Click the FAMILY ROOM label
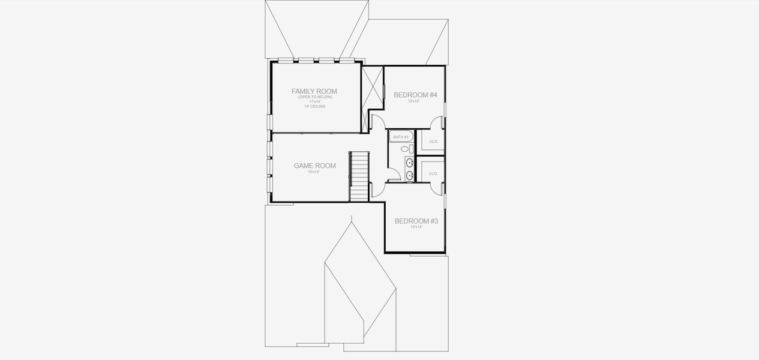click(x=314, y=91)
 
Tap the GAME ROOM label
click(x=314, y=166)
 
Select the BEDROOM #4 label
click(x=415, y=95)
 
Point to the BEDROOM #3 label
click(x=416, y=221)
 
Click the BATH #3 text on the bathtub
click(x=400, y=137)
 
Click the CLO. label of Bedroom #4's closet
click(x=434, y=142)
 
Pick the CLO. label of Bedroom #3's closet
click(x=434, y=173)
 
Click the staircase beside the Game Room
click(x=359, y=176)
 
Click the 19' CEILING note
click(x=314, y=106)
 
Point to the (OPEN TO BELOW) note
click(x=314, y=97)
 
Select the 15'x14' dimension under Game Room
click(x=314, y=172)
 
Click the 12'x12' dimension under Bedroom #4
click(x=414, y=101)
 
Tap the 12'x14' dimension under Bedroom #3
click(x=416, y=227)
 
